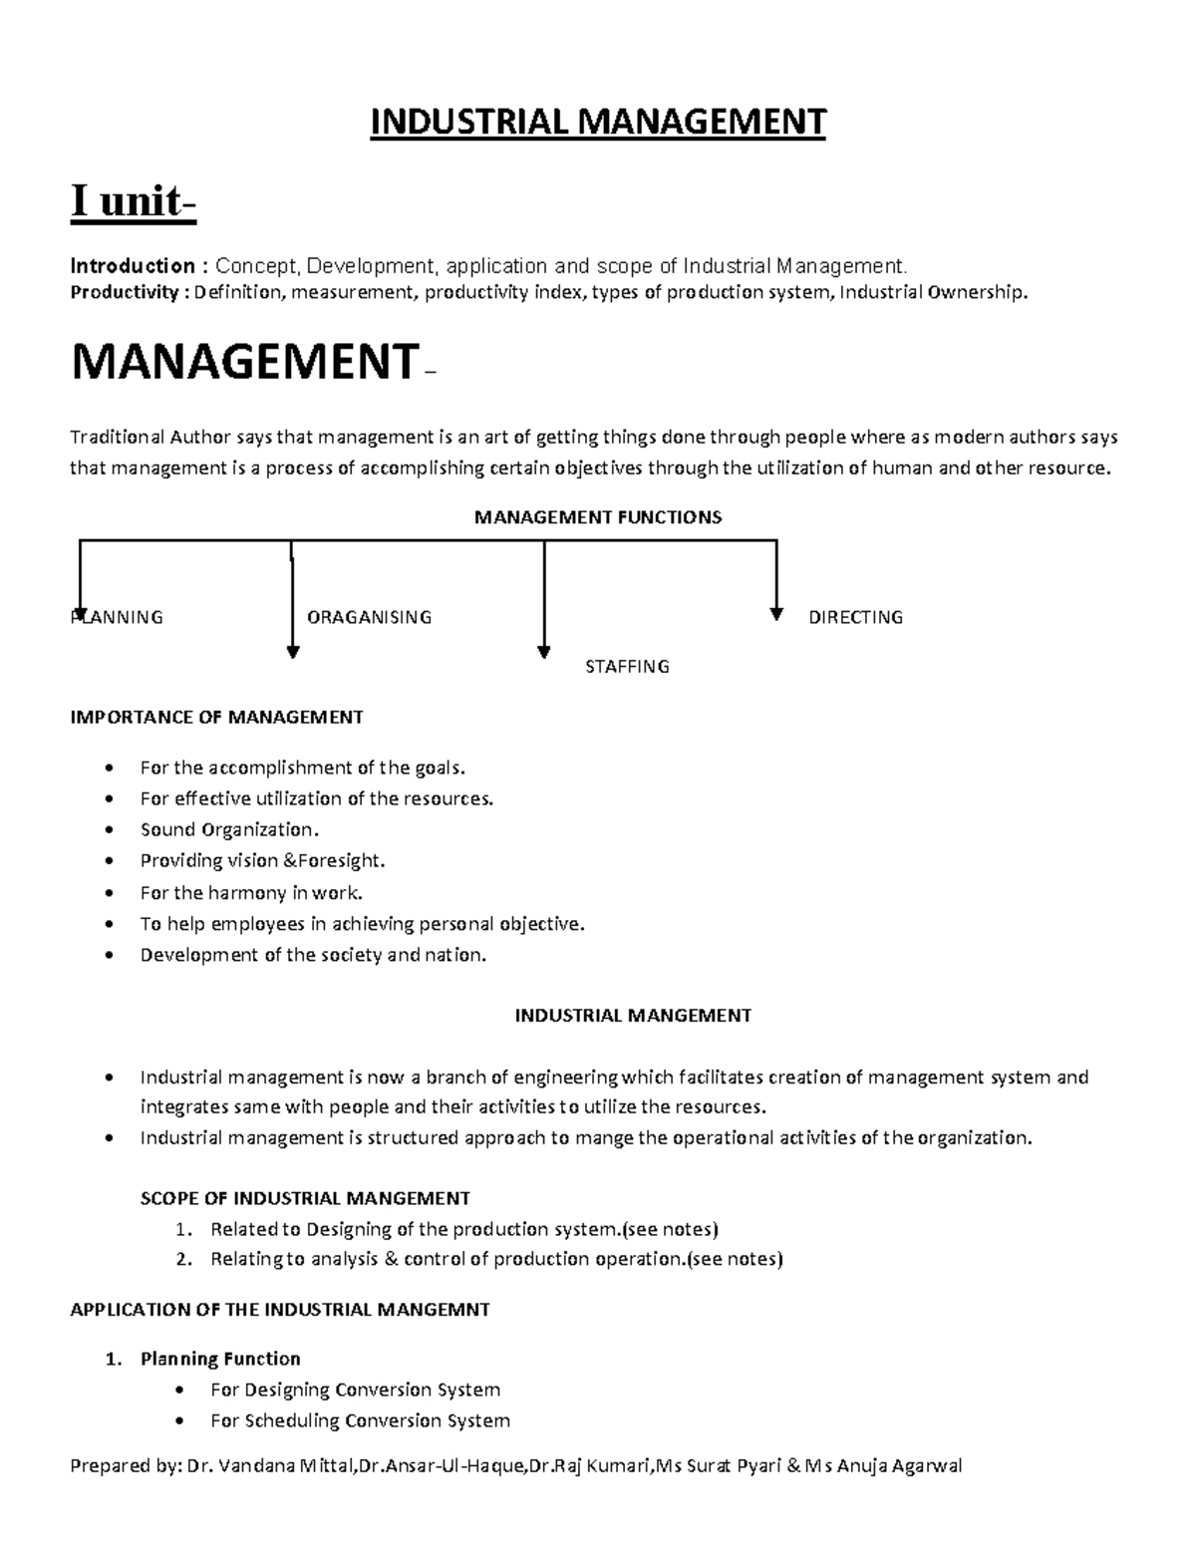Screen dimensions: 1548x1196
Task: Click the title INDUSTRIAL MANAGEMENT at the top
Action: [x=598, y=123]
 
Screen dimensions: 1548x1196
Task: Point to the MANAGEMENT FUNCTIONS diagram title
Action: [x=598, y=517]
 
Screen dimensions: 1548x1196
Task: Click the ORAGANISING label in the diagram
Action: [x=369, y=618]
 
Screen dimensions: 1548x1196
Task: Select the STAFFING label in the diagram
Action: [x=627, y=667]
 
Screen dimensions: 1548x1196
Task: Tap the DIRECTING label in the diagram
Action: [x=855, y=618]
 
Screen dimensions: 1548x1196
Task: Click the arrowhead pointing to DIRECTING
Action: [x=776, y=615]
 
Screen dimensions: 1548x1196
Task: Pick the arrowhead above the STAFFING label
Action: [x=543, y=652]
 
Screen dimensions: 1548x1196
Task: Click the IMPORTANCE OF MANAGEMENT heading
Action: [x=216, y=718]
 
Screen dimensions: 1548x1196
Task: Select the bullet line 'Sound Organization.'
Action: [x=229, y=830]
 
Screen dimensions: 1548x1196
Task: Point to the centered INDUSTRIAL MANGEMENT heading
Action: [x=632, y=1016]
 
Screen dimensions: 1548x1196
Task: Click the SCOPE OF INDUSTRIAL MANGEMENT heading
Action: [x=305, y=1198]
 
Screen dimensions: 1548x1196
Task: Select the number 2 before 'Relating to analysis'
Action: [x=182, y=1260]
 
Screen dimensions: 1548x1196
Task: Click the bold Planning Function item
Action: [x=220, y=1359]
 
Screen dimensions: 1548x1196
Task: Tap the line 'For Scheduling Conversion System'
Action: [x=360, y=1420]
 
